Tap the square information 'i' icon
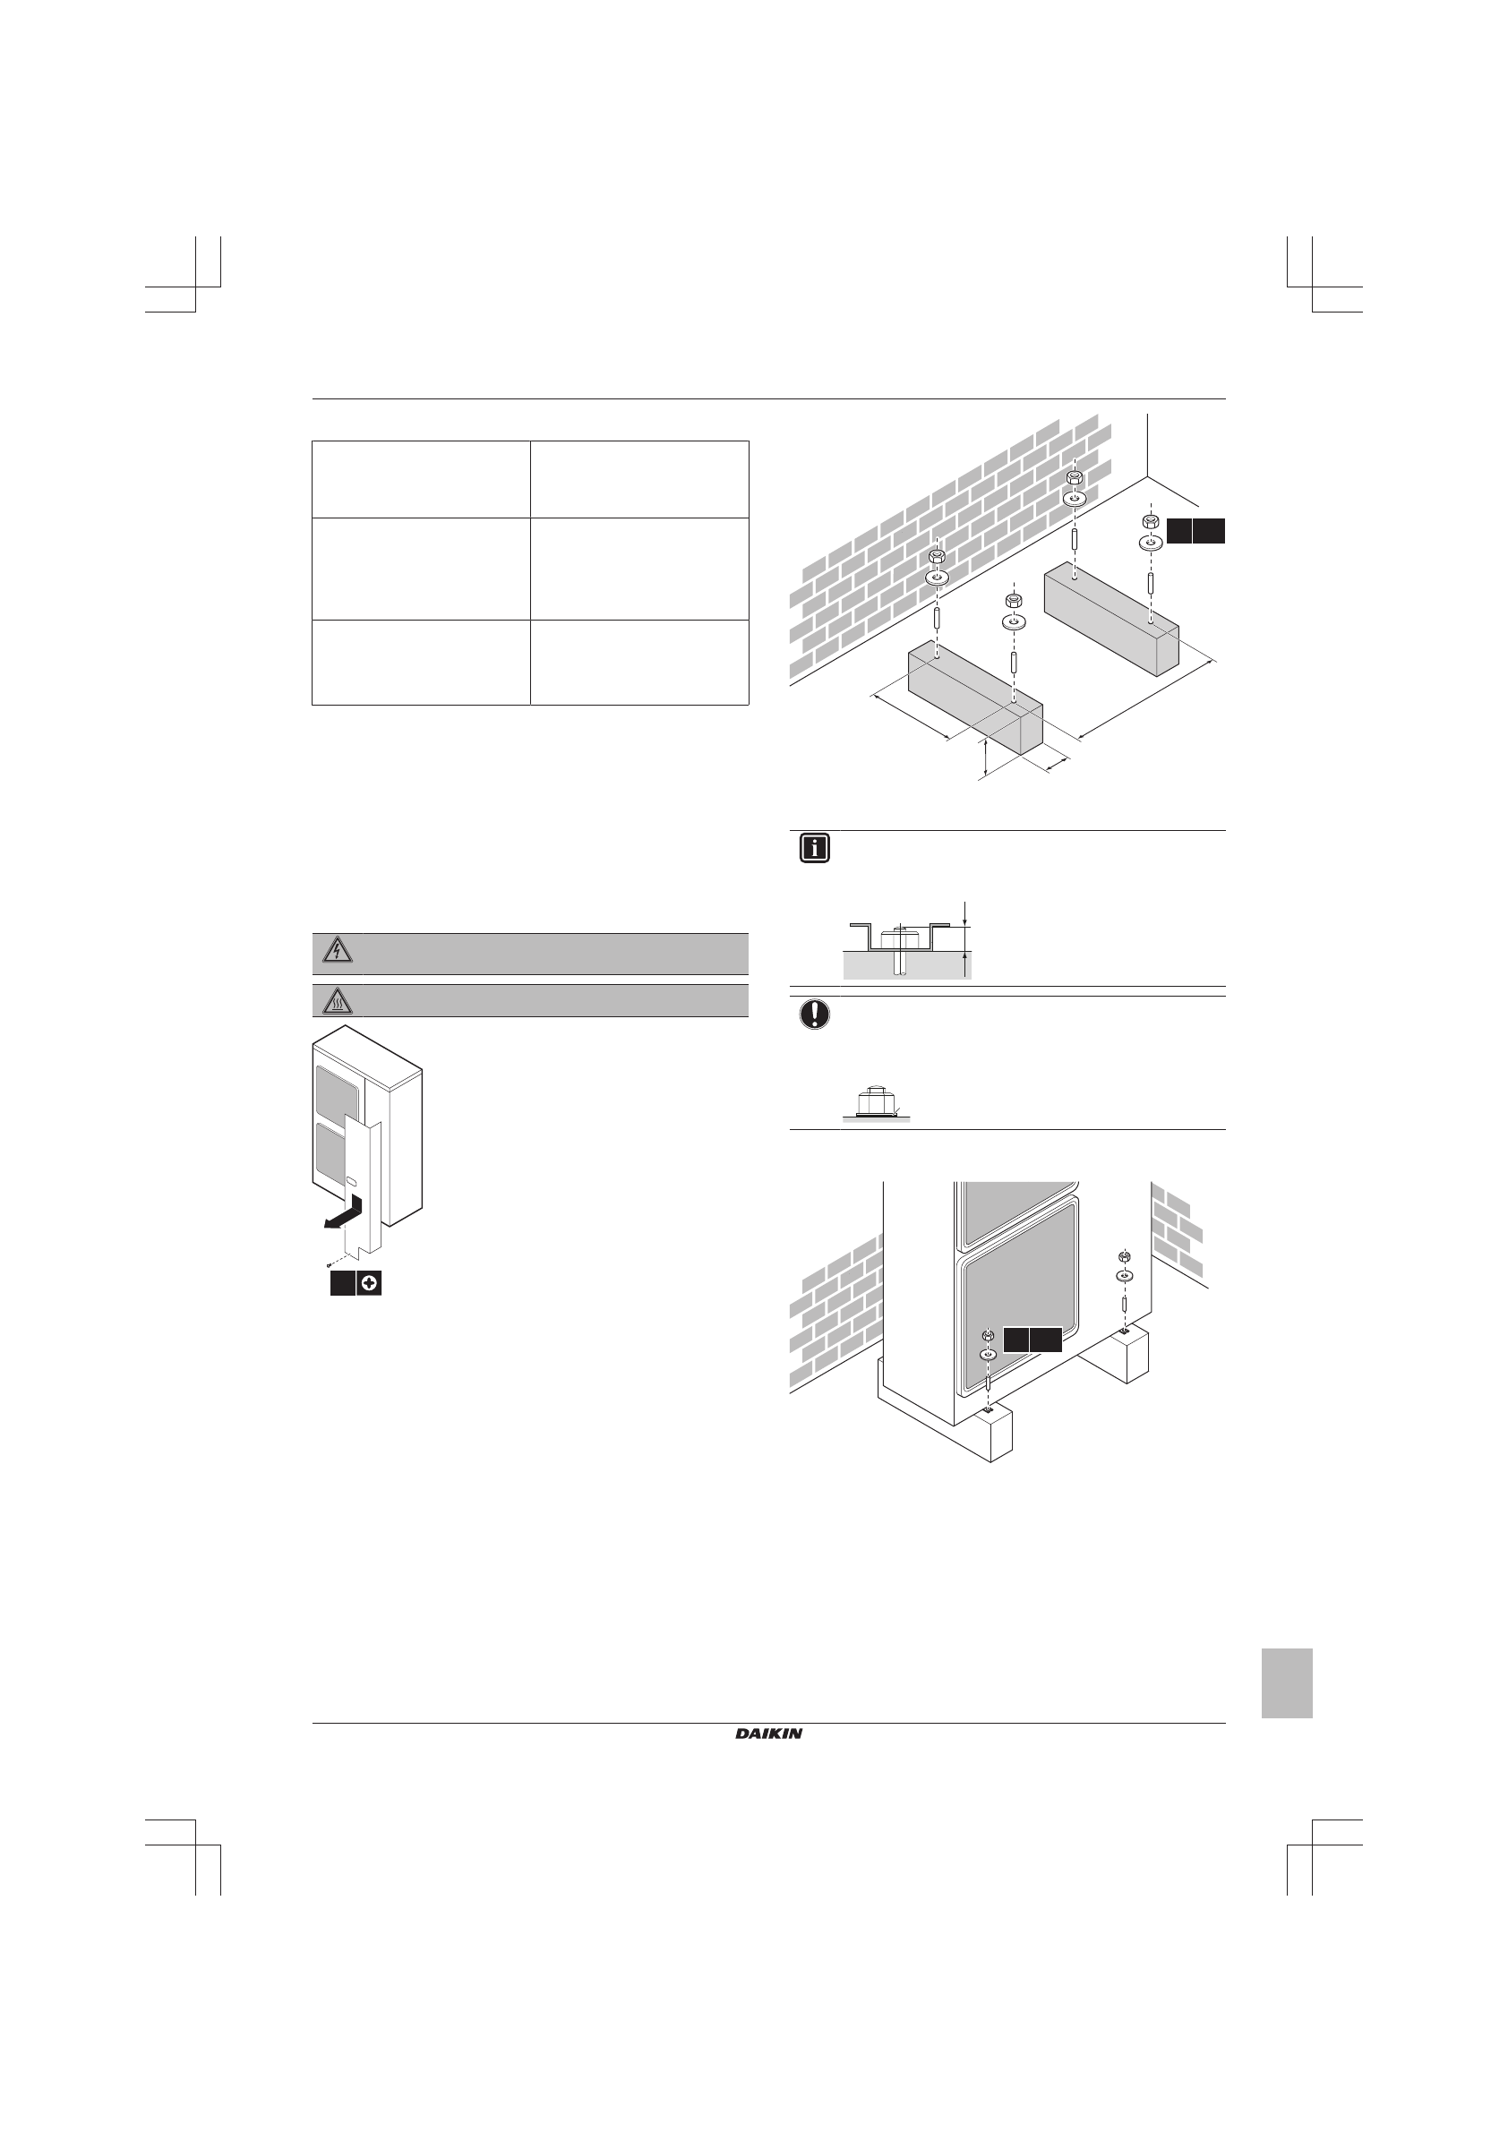[x=814, y=849]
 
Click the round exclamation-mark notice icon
[x=814, y=1015]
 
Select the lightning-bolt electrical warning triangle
[x=336, y=951]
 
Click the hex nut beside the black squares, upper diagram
[x=1149, y=520]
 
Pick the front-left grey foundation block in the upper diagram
[x=975, y=701]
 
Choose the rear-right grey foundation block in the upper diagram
[x=1112, y=622]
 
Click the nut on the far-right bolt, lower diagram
[x=1124, y=1257]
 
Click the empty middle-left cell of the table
[x=421, y=569]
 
